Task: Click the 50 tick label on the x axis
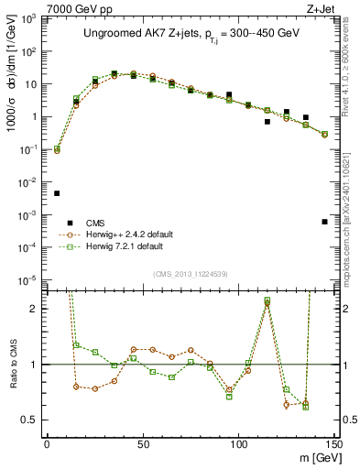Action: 142,443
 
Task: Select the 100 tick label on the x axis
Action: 238,443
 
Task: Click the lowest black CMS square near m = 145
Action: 324,222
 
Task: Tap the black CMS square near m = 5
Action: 57,193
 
